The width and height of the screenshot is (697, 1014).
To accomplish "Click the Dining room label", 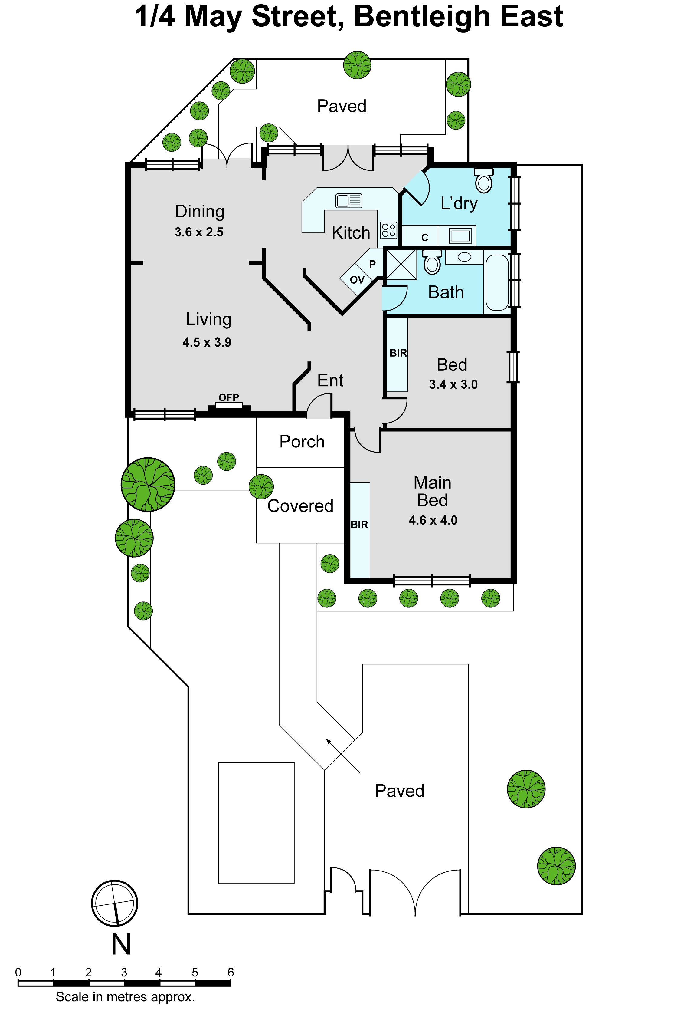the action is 200,212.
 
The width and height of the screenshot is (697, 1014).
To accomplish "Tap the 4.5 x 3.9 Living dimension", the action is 207,343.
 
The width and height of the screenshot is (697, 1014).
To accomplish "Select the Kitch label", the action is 351,233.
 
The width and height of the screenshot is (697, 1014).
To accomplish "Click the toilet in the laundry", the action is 484,180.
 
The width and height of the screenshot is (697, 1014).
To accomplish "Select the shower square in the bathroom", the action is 401,264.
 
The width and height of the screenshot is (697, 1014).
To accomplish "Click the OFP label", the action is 229,397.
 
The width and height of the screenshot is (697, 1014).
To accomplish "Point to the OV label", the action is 357,280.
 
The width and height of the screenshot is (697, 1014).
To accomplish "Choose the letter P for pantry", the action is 372,264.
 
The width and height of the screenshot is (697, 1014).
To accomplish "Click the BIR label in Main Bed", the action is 359,524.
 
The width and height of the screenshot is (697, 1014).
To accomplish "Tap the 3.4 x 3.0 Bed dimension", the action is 453,384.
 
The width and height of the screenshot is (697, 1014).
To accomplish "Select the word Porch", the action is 302,442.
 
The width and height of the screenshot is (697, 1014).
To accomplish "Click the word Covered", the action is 300,506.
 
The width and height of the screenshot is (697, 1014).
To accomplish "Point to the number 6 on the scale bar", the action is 231,973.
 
